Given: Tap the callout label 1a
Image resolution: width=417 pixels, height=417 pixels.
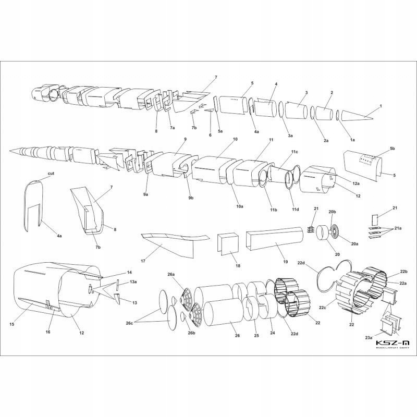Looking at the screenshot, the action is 351,140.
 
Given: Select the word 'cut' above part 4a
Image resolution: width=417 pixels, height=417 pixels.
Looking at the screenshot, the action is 51,173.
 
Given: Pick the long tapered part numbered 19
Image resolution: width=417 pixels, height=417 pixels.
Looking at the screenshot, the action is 275,237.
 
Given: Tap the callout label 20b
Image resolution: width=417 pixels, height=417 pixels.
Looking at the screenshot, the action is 333,212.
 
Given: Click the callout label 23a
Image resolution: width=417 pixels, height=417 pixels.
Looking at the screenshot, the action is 370,338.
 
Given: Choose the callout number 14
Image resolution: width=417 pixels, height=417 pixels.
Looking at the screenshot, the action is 129,272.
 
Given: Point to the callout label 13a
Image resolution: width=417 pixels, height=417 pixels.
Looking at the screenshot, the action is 133,282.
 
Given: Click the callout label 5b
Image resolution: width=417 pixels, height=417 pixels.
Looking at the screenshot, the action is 392,149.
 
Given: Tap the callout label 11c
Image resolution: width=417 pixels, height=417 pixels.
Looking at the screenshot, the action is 294,152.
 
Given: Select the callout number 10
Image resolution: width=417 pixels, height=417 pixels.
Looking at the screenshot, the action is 235,140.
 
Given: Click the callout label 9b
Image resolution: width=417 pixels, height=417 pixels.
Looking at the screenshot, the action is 191,198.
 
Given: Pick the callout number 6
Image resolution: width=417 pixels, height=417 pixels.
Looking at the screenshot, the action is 210,135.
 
